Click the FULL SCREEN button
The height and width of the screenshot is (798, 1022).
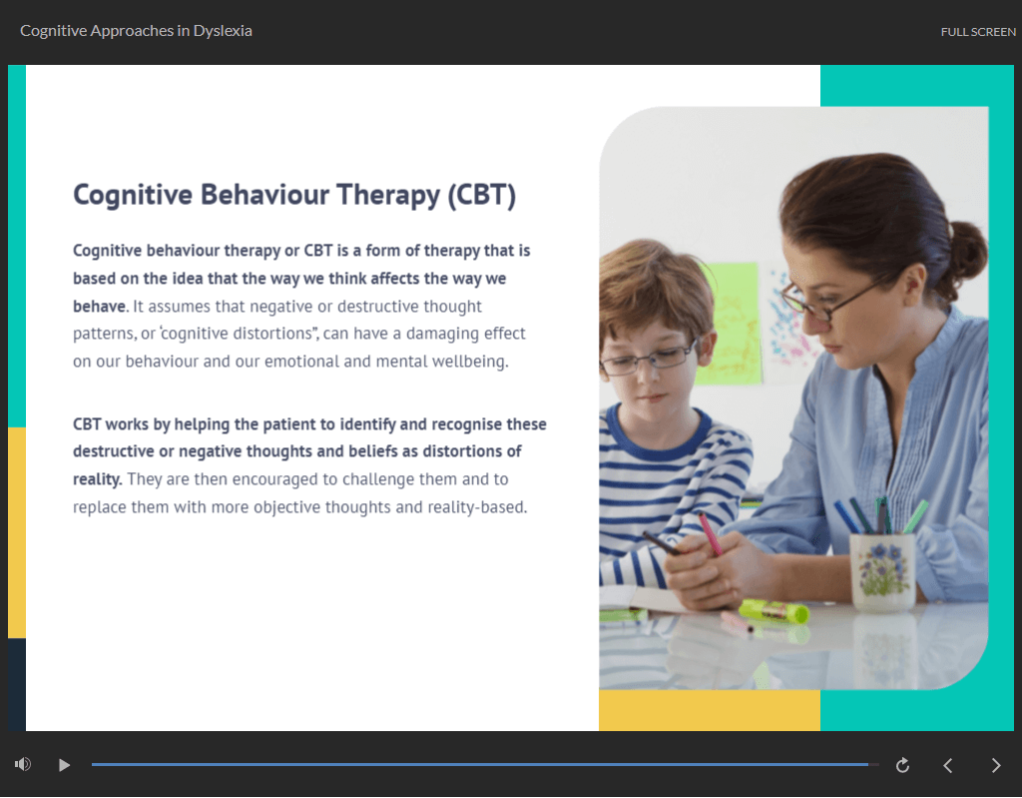coord(978,31)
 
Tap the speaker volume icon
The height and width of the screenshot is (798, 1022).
coord(23,764)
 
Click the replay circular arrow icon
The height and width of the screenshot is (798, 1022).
coord(902,765)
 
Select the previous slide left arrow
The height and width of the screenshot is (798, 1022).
coord(948,765)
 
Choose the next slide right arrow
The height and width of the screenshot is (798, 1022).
coord(996,765)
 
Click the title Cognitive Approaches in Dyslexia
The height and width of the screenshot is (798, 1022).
coord(136,31)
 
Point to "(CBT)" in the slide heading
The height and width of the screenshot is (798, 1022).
coord(482,195)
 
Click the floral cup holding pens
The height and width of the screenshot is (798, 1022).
coord(884,571)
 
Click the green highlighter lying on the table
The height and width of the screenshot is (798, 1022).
coord(773,610)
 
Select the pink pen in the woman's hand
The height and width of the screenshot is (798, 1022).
coord(711,533)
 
